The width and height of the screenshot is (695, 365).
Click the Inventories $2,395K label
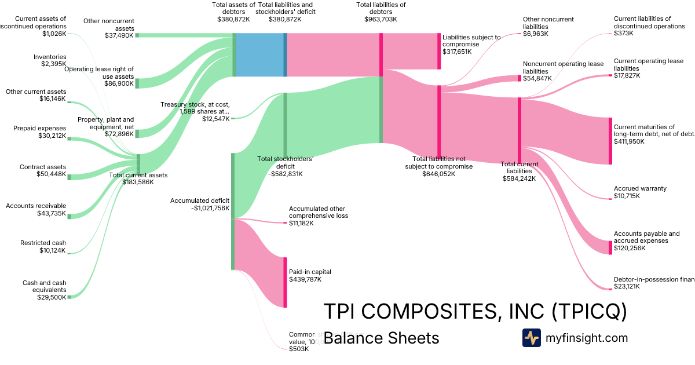pos(50,60)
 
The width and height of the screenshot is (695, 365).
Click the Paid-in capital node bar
pos(285,282)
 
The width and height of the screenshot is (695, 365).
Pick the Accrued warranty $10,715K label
pos(640,192)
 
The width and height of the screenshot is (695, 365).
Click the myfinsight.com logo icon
pos(531,338)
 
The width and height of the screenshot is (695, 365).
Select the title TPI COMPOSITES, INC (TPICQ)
pos(474,312)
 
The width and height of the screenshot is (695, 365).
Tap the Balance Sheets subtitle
pos(381,338)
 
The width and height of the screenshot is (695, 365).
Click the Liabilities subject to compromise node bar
pos(439,51)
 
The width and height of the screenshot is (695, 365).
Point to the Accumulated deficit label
pos(200,205)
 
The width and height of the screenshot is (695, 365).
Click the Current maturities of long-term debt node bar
pos(610,141)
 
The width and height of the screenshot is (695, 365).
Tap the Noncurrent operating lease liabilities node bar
pos(520,78)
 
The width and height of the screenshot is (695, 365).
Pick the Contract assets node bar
pos(69,176)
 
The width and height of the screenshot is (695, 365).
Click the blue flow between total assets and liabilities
pos(260,54)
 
